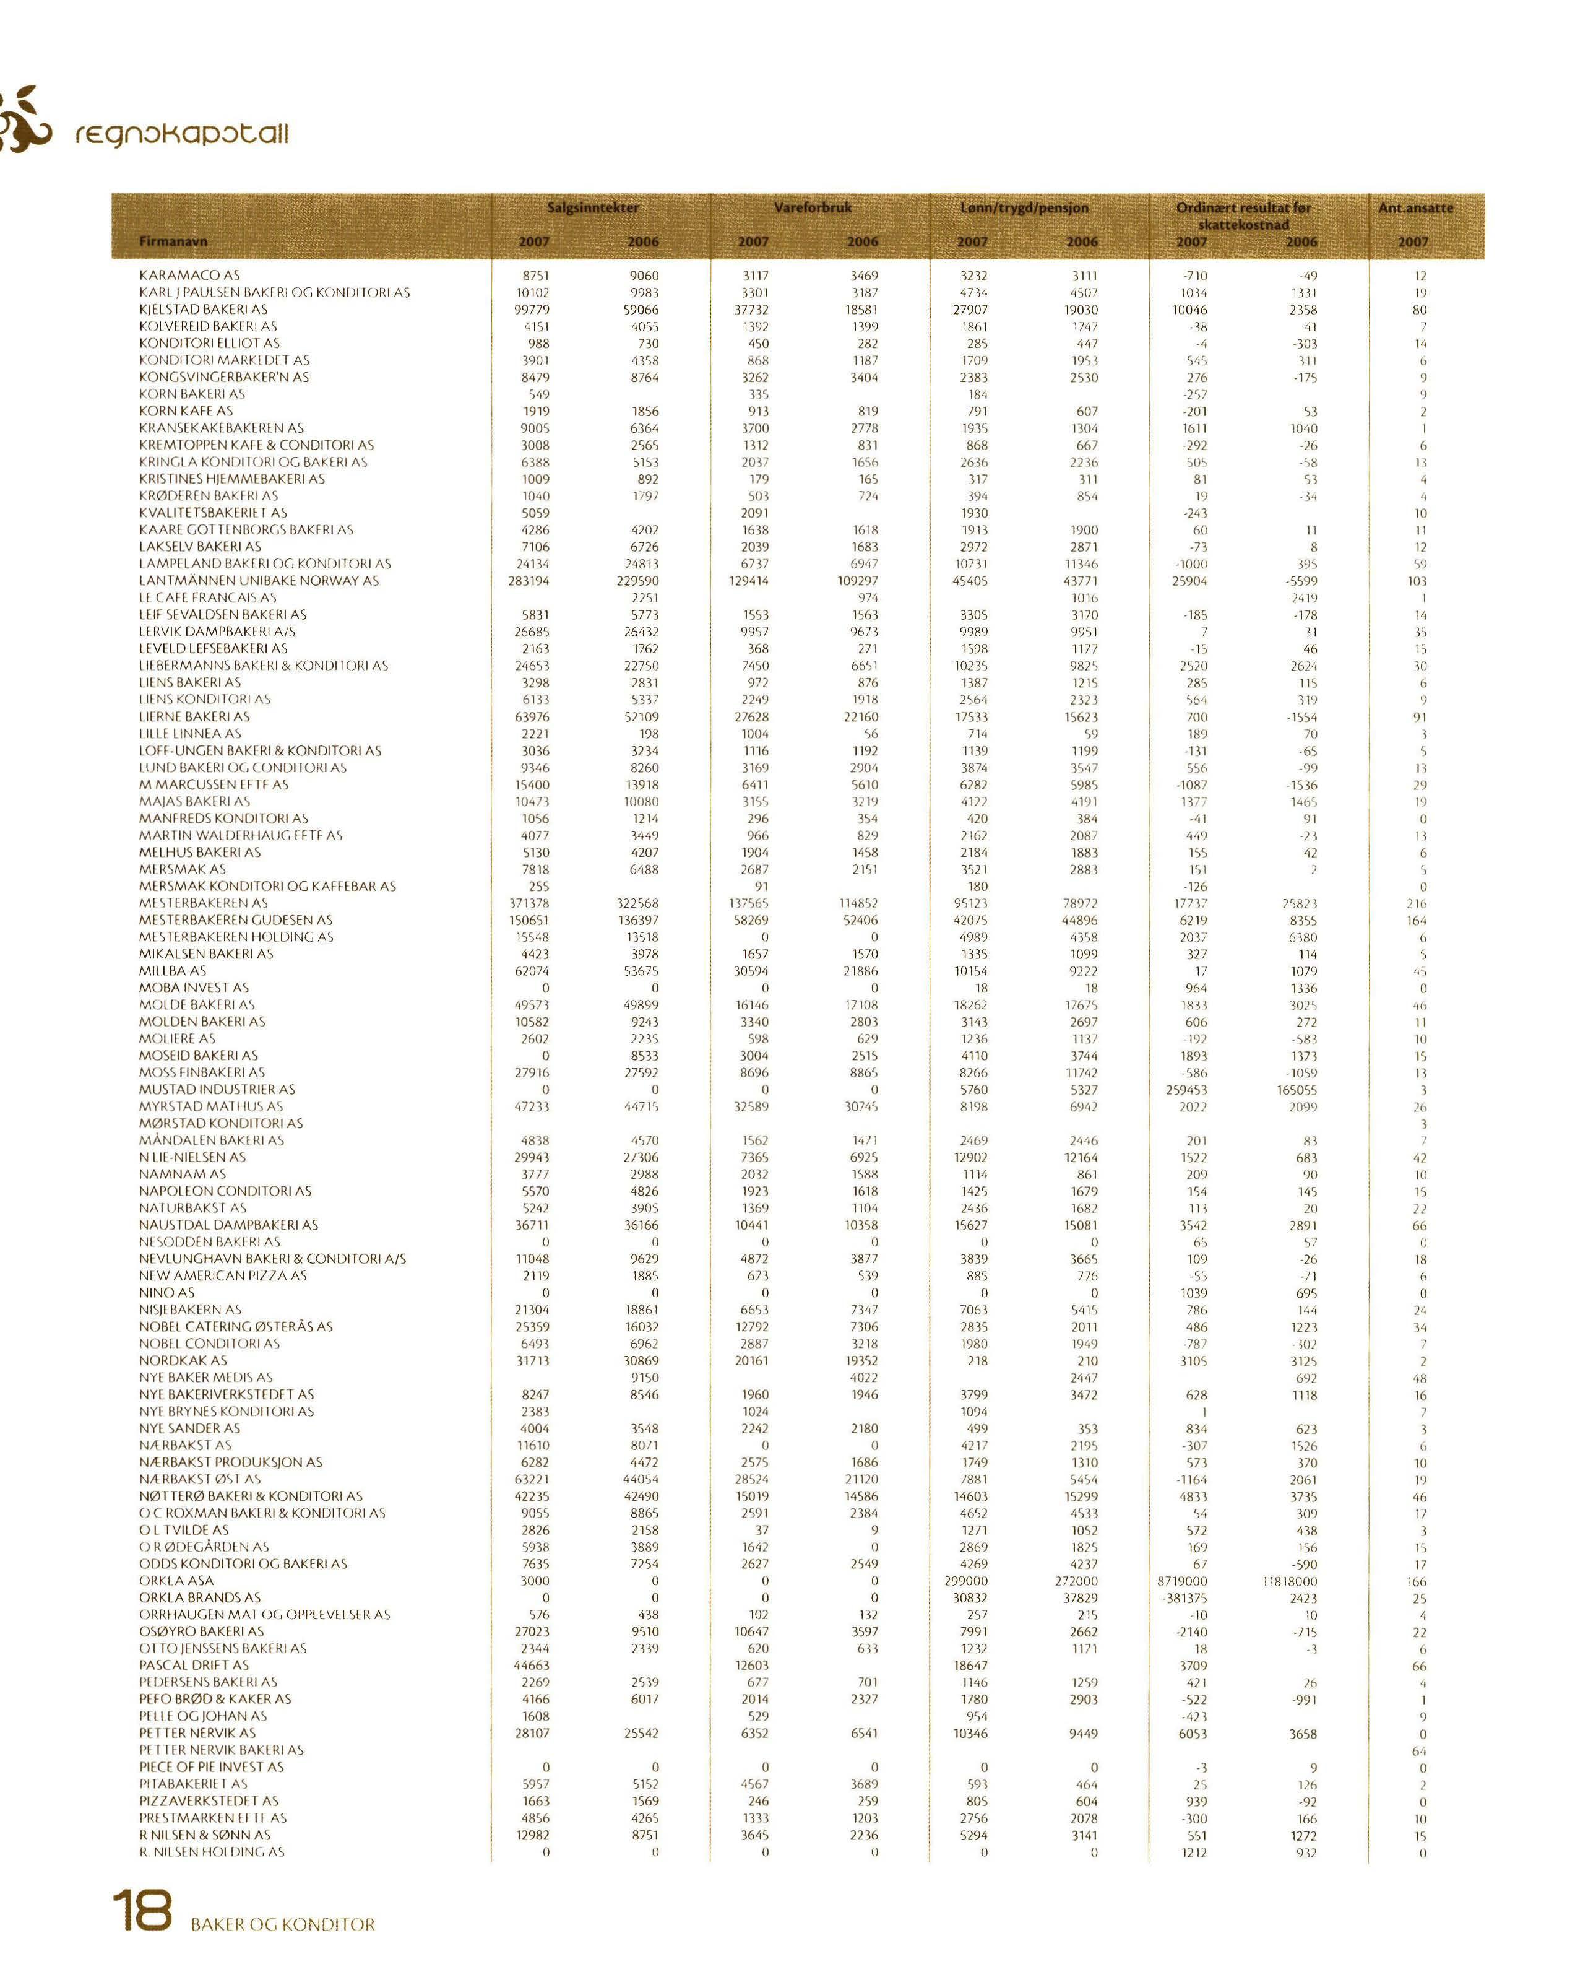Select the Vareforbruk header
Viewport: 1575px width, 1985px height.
812,208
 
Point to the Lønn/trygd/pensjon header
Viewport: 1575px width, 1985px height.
1024,208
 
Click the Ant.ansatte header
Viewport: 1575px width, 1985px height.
1415,208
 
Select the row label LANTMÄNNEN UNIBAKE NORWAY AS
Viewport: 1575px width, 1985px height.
259,581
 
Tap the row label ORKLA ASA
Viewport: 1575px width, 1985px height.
176,1581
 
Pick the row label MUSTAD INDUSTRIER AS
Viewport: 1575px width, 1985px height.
217,1089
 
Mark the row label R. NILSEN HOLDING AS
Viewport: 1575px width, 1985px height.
212,1851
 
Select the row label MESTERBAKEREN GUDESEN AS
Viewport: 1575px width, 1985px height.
236,920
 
